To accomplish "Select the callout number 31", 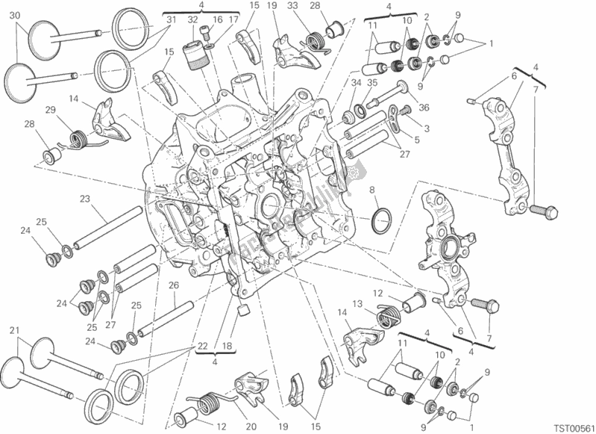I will point(170,20).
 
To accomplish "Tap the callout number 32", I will point(192,20).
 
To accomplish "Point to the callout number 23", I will point(85,199).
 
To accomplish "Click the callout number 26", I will point(173,285).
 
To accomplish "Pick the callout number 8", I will point(371,191).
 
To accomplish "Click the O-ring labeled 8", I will point(381,219).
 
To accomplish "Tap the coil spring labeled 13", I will point(386,317).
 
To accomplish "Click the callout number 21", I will point(14,329).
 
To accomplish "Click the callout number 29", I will point(49,111).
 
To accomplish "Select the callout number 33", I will point(292,7).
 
